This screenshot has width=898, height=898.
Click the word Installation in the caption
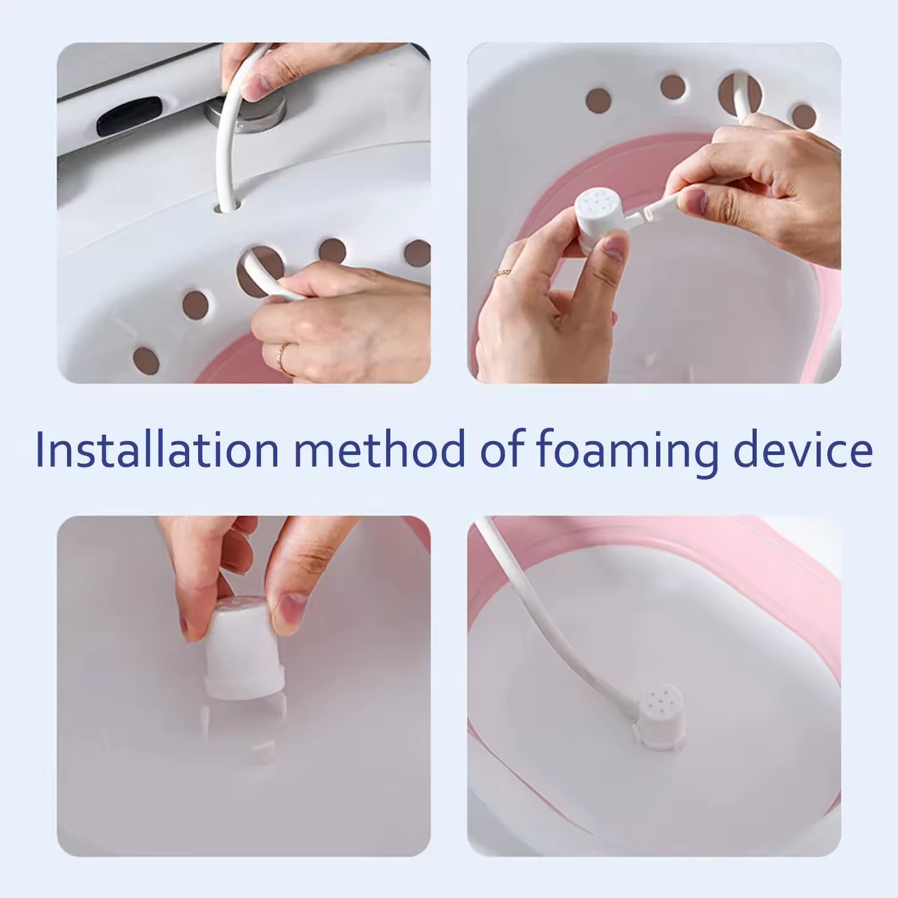click(x=157, y=449)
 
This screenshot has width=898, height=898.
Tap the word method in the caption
click(x=380, y=449)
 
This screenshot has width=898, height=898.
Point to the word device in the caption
click(x=803, y=449)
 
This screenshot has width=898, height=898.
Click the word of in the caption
click(x=500, y=449)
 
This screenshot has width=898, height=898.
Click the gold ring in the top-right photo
click(x=502, y=274)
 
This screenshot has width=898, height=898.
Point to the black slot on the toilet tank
click(x=129, y=115)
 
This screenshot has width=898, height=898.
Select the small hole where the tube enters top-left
click(x=227, y=207)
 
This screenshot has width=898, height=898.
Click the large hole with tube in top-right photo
click(x=741, y=93)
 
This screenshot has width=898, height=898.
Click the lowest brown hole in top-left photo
click(x=145, y=360)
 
